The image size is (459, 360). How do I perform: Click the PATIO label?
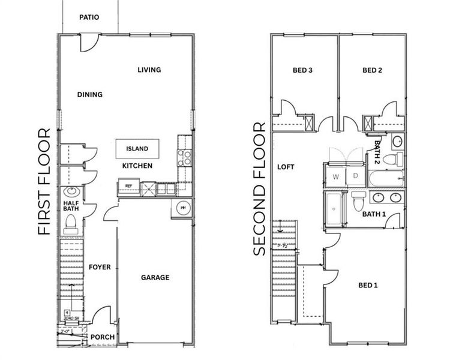pos(89,17)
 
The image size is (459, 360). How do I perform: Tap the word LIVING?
pos(149,70)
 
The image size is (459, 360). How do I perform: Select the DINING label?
pos(89,94)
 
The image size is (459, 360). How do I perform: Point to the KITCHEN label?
pos(137,166)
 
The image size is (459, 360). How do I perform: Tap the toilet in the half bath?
pos(70,223)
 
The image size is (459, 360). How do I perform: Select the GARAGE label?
pos(155,277)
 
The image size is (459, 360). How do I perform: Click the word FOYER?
pos(100,266)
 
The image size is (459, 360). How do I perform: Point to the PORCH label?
pos(102,337)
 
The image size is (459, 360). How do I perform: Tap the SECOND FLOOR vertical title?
pos(259,189)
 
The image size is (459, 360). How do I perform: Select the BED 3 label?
pos(302,70)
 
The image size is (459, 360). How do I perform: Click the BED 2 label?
pos(372,70)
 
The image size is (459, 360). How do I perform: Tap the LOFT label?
pos(286,167)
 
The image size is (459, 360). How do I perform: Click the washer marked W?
pos(335,176)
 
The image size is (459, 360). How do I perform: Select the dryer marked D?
pos(355,176)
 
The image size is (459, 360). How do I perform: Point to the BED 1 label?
pos(368,285)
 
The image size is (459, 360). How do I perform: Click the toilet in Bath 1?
pos(358,202)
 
